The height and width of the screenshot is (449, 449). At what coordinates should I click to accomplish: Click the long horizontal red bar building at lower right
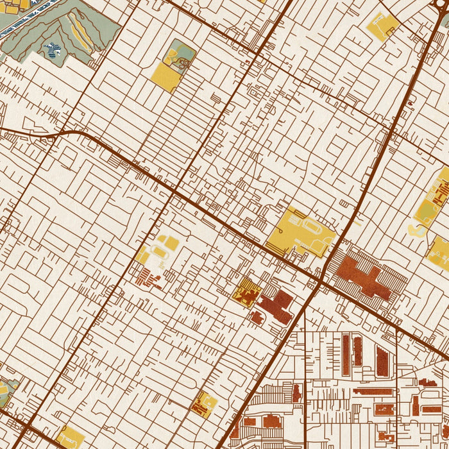[371, 391]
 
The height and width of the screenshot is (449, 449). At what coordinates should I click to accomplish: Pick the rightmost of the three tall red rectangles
[382, 361]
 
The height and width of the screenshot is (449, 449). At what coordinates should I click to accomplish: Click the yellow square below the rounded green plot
[165, 77]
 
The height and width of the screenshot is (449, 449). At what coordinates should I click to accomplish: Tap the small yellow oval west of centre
[171, 243]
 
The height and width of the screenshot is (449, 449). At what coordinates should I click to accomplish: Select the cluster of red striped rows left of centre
[148, 278]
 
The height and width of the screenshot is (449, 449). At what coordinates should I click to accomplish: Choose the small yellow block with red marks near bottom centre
[204, 404]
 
